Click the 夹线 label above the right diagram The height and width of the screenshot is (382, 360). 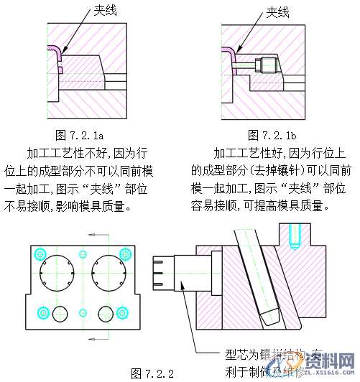tap(277, 11)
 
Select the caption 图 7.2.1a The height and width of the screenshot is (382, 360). tap(80, 134)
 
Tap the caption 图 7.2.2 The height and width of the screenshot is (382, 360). tap(152, 373)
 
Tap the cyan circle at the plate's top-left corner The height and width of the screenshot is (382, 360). tap(41, 252)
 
